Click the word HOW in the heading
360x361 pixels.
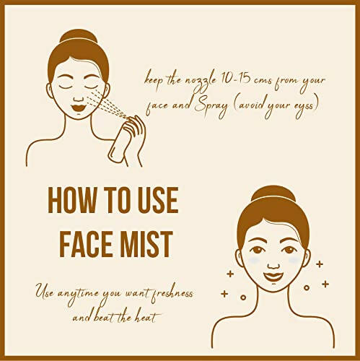click(x=72, y=200)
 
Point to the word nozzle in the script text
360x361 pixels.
click(x=201, y=80)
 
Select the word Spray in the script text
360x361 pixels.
click(x=211, y=108)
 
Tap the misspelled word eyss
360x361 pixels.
click(x=304, y=107)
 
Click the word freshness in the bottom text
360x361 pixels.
click(x=172, y=294)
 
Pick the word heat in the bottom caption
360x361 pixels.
click(x=148, y=318)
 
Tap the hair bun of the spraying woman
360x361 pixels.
click(x=79, y=36)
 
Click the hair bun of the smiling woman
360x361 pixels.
click(x=273, y=193)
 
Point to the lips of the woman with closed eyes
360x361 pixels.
click(x=79, y=108)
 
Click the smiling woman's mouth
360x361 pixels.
click(x=273, y=277)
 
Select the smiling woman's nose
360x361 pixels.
click(x=273, y=264)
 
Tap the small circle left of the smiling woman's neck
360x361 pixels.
click(x=243, y=297)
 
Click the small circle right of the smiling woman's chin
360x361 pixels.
click(x=307, y=287)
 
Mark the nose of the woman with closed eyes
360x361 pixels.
click(x=78, y=98)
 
